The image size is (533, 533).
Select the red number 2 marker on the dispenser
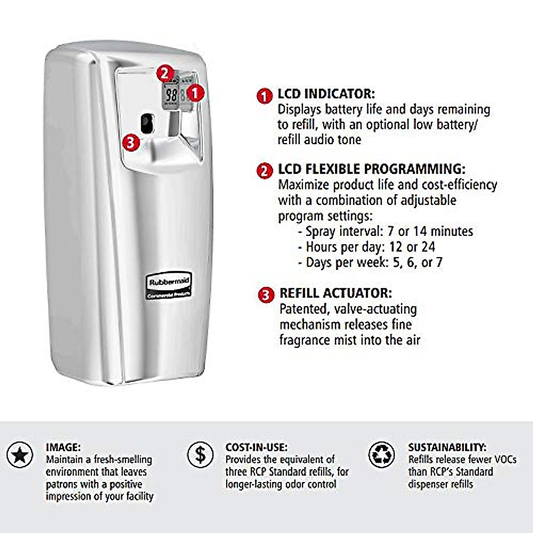(165, 73)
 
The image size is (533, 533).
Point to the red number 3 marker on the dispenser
(131, 142)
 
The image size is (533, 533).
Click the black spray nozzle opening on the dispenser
(146, 123)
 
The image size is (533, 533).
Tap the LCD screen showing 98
(171, 95)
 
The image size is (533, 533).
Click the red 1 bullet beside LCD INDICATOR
(265, 95)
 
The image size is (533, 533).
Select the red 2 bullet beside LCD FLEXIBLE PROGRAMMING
(265, 171)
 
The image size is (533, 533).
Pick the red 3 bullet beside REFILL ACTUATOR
(266, 295)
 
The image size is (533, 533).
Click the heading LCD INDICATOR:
(326, 94)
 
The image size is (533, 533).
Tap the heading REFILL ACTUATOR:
(335, 293)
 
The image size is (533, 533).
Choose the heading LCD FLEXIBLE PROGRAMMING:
(371, 169)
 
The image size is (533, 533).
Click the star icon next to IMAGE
(20, 455)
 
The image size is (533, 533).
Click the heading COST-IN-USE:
(256, 447)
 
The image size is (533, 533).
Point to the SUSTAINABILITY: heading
(447, 447)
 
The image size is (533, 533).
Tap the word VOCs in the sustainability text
(502, 459)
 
